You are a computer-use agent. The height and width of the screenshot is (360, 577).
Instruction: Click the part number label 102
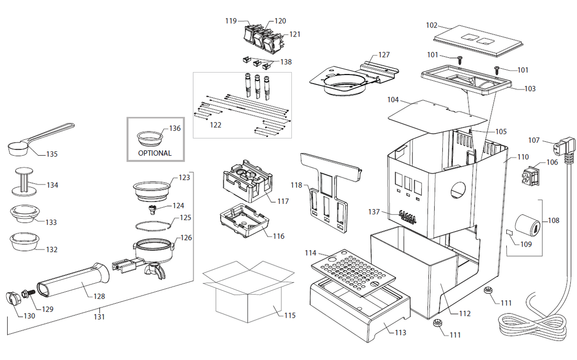coord(432,25)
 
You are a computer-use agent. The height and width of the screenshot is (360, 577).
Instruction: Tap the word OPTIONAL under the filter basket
coord(155,153)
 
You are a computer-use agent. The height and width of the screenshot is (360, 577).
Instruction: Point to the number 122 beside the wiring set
coord(215,125)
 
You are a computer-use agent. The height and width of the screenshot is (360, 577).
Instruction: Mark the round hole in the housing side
coord(459,191)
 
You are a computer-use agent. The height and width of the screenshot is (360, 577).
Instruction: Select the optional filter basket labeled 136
coord(150,138)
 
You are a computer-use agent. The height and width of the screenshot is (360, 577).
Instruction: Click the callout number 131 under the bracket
coord(99,317)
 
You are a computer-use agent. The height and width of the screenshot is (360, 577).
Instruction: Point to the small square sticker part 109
coord(510,233)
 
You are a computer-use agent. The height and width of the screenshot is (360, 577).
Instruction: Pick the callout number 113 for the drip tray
coord(400,333)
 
